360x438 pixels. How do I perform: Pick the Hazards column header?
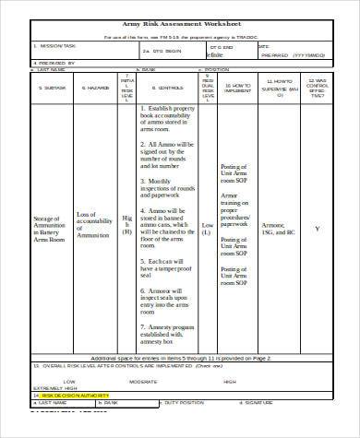click(x=88, y=89)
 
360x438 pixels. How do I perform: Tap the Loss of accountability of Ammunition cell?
click(x=90, y=225)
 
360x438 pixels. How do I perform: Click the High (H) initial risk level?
click(x=127, y=225)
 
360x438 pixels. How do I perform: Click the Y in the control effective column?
click(x=318, y=229)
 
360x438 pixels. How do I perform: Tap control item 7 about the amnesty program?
click(x=168, y=332)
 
